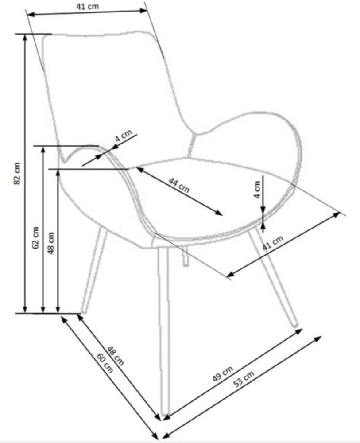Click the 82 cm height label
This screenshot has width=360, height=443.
17,174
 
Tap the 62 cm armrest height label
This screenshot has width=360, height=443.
35,237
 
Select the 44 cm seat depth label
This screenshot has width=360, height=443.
179,185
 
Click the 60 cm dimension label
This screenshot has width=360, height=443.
105,363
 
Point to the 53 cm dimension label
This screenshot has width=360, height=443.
244,379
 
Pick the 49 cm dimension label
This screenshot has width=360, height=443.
223,374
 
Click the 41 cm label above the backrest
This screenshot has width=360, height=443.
88,6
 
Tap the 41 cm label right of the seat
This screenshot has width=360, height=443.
273,243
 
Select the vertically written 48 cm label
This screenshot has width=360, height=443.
51,243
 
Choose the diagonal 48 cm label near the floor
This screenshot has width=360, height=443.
116,356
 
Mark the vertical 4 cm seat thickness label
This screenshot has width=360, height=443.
257,190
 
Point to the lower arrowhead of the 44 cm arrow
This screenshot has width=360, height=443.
219,214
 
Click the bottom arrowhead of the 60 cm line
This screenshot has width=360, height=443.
155,436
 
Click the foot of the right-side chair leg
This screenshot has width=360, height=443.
295,325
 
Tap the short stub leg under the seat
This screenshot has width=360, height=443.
185,256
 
